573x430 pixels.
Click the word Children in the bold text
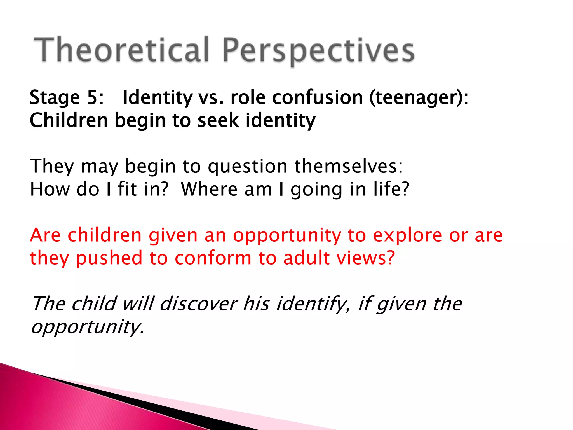click(x=69, y=121)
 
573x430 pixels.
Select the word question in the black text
click(x=248, y=166)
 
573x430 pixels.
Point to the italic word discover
click(x=198, y=304)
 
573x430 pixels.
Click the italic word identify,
click(x=313, y=304)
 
